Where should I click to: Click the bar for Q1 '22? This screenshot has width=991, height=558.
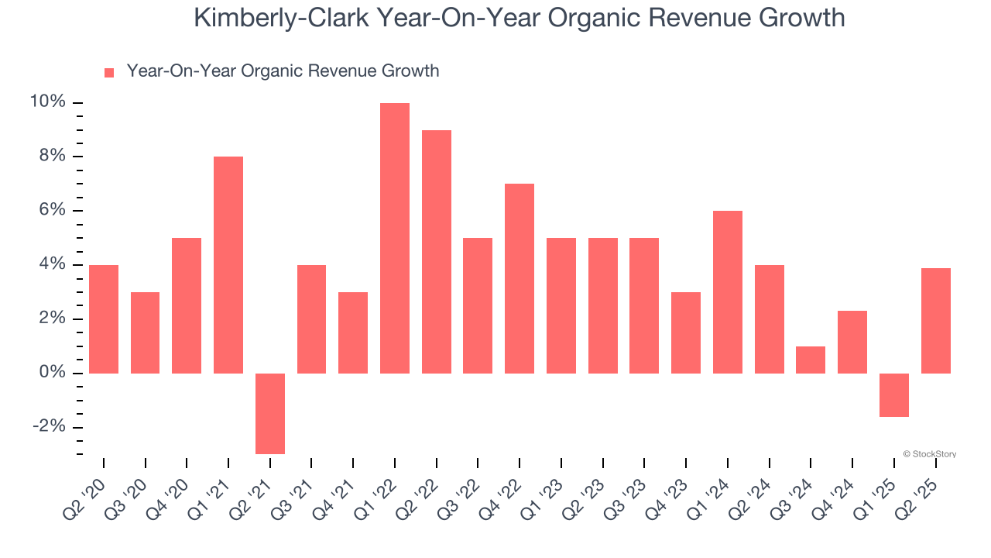pyautogui.click(x=395, y=238)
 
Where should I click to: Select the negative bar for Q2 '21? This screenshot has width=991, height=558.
pyautogui.click(x=270, y=413)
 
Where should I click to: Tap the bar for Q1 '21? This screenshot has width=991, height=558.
pyautogui.click(x=228, y=265)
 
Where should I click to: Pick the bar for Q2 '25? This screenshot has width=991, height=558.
pyautogui.click(x=936, y=321)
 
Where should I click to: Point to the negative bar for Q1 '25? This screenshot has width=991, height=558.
pyautogui.click(x=894, y=395)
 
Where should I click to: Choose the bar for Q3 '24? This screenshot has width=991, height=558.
pyautogui.click(x=811, y=360)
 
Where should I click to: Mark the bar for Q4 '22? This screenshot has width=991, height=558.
pyautogui.click(x=520, y=278)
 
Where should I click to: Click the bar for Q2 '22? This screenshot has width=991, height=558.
pyautogui.click(x=437, y=252)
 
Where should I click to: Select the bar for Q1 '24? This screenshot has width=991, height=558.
pyautogui.click(x=728, y=292)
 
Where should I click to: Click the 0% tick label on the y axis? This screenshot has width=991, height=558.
pyautogui.click(x=51, y=373)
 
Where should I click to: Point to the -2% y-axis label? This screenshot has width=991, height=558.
pyautogui.click(x=48, y=427)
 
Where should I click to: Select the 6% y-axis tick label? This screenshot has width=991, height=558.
pyautogui.click(x=51, y=211)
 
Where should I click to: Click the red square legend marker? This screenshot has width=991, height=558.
pyautogui.click(x=109, y=73)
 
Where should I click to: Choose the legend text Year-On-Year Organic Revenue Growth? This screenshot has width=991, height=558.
pyautogui.click(x=283, y=71)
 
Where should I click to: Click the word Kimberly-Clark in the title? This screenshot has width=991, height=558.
pyautogui.click(x=281, y=18)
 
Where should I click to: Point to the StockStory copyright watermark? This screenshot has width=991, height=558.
pyautogui.click(x=930, y=454)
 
